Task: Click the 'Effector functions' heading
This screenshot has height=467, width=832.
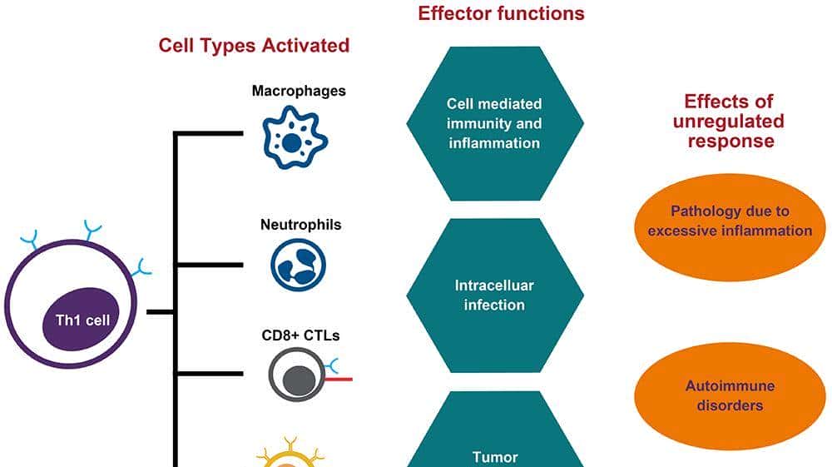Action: tap(501, 13)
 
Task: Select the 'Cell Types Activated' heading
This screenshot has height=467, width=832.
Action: tap(254, 45)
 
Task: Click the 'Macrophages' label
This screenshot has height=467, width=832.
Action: tap(299, 90)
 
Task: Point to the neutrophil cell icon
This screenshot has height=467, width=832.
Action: tap(298, 264)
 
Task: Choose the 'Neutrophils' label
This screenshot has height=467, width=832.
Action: tap(300, 225)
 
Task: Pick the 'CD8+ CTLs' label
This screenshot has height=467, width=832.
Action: tap(300, 336)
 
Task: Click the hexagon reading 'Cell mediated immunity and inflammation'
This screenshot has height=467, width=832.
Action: tap(494, 123)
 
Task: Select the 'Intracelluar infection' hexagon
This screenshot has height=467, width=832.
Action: tap(494, 296)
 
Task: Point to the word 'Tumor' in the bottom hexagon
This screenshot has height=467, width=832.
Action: tap(494, 456)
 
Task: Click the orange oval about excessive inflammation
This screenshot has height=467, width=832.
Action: tap(730, 221)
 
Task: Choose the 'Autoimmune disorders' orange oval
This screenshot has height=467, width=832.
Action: tap(730, 396)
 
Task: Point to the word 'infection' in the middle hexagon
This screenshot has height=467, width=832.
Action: tap(494, 306)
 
